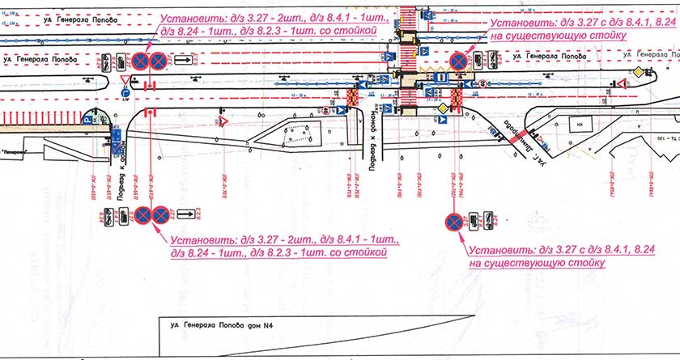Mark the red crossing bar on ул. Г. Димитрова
pos(517,136)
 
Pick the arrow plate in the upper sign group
pos(183,60)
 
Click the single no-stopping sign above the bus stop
pos(458,60)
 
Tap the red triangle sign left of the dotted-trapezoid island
pos(220,121)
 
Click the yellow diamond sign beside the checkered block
pos(442,108)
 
